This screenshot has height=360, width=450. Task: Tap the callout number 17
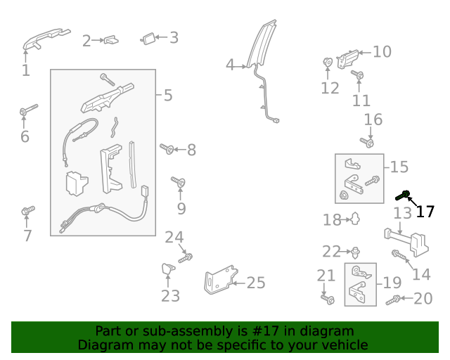(425, 212)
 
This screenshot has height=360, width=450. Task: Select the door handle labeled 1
(44, 39)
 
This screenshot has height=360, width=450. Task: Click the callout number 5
(168, 95)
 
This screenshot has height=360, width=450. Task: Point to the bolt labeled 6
(28, 110)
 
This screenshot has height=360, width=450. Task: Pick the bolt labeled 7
(28, 210)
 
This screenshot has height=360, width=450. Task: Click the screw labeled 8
(167, 148)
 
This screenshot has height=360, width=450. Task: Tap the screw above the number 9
(179, 183)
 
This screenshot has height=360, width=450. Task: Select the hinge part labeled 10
(348, 58)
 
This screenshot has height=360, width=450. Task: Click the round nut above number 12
(328, 63)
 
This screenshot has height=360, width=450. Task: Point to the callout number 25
(256, 283)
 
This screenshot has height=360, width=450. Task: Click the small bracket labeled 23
(169, 269)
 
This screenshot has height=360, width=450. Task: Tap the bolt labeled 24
(186, 258)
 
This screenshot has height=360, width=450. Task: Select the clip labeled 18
(355, 219)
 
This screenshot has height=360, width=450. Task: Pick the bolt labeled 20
(393, 300)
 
